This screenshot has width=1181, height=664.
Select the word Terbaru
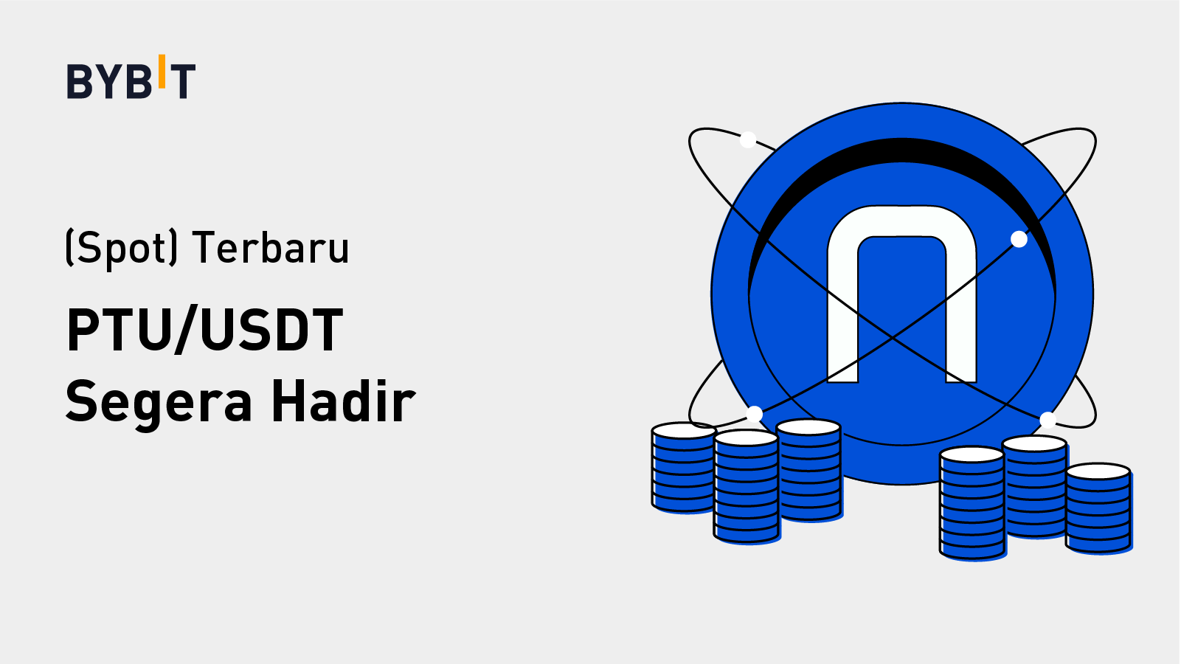(271, 247)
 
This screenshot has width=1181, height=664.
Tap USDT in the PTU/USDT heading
(272, 330)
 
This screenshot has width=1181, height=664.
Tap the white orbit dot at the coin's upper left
(747, 139)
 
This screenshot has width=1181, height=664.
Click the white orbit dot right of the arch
(1019, 240)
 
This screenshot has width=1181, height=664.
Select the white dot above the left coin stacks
(755, 415)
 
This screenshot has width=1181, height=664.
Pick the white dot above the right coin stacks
(1047, 421)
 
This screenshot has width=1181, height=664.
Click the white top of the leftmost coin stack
(684, 430)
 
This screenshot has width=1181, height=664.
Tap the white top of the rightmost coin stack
(1098, 471)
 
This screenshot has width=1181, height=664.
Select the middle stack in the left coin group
(747, 486)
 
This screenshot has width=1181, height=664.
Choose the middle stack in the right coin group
(1035, 486)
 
